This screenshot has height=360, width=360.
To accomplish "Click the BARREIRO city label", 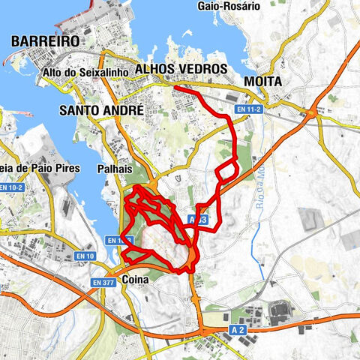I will click(x=46, y=41).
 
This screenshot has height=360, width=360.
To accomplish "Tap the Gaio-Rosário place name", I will click(x=228, y=5).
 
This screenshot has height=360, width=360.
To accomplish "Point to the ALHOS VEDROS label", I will click(x=181, y=69).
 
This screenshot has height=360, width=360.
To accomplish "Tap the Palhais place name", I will click(x=115, y=169).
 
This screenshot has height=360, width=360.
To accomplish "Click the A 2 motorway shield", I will click(x=238, y=330).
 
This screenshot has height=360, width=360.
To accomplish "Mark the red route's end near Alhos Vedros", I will click(x=175, y=88).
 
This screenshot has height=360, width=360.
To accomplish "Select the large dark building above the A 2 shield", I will click(x=280, y=309).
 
